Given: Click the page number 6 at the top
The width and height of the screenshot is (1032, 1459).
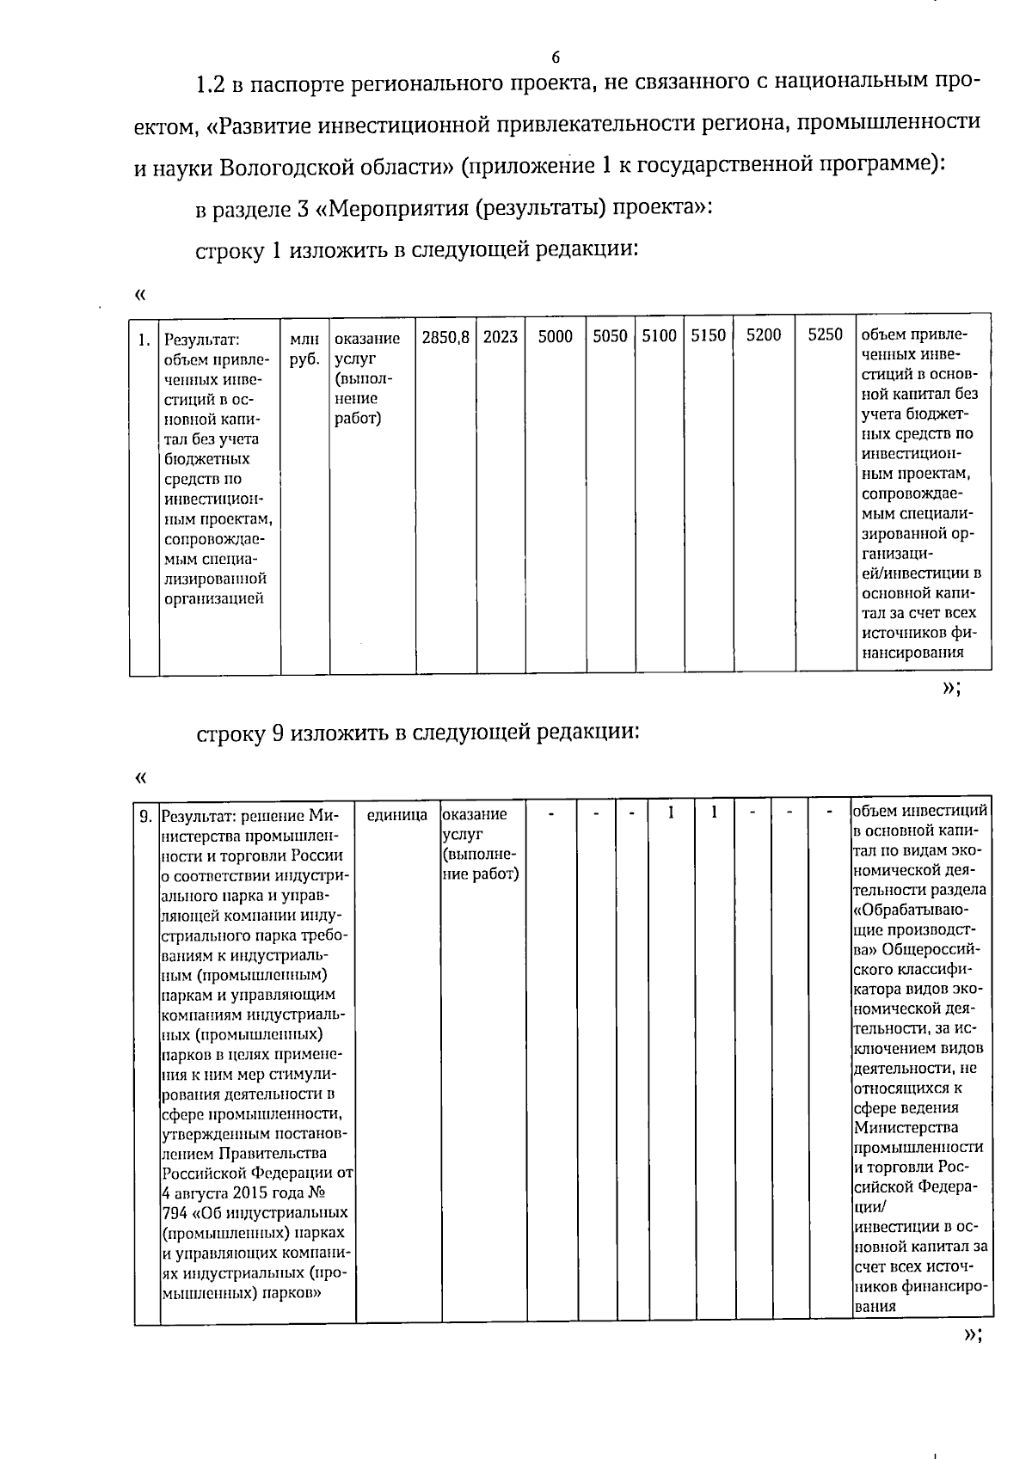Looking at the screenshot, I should click(555, 58).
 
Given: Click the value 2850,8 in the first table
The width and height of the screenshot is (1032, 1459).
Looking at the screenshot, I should click(445, 336).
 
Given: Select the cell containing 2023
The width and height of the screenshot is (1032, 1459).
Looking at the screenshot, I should click(500, 336).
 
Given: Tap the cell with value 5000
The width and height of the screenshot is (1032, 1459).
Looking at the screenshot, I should click(555, 336).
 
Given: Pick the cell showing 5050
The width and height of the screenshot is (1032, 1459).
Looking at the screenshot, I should click(610, 336).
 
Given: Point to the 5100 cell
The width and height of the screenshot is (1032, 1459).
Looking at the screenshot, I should click(659, 336).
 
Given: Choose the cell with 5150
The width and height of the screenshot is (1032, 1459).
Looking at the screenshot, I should click(708, 336).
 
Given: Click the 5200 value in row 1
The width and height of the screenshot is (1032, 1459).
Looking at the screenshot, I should click(763, 336).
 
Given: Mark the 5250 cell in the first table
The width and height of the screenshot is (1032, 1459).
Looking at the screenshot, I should click(825, 336).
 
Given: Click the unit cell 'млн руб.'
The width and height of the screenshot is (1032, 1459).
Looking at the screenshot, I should click(304, 349).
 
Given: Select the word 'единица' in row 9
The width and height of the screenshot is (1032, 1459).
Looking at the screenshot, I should click(396, 814).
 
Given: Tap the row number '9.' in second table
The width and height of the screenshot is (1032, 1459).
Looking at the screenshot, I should click(146, 815).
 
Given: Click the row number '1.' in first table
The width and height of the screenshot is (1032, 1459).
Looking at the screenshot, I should click(144, 339).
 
